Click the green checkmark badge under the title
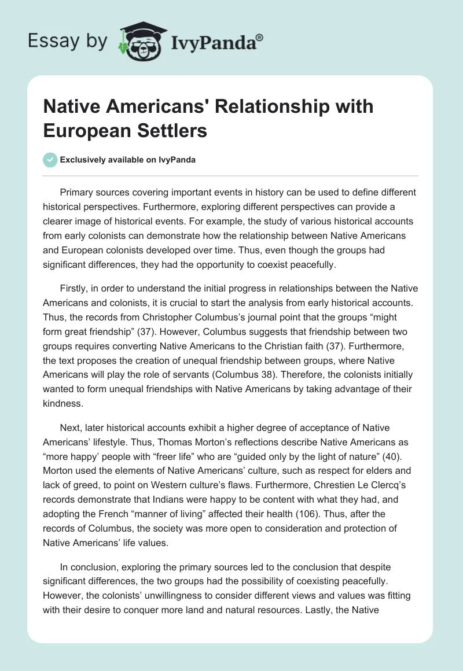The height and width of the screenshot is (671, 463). pos(50,160)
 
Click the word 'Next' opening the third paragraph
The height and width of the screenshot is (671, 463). pos(69,428)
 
